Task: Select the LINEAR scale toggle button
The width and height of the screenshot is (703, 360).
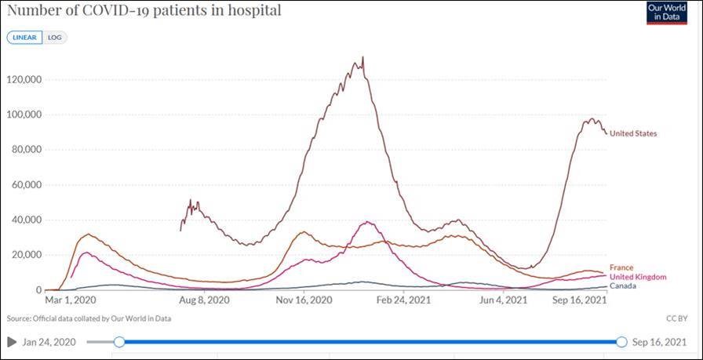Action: [x=24, y=38]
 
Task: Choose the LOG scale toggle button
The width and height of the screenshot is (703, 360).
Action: [x=53, y=38]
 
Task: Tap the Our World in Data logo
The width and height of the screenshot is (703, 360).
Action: [x=666, y=13]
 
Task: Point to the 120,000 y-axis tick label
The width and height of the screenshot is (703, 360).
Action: [x=25, y=79]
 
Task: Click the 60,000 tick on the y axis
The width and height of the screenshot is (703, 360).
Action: [x=27, y=185]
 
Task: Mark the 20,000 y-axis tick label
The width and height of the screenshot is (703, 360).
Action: [x=27, y=255]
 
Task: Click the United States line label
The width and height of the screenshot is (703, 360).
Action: [x=633, y=133]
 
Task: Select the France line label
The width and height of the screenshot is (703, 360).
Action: [x=621, y=267]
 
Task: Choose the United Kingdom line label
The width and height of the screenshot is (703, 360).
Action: [x=637, y=277]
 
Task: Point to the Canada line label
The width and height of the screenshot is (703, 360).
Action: [x=622, y=285]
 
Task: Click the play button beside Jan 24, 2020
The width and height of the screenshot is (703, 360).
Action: [x=11, y=342]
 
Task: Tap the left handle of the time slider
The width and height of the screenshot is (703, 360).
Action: [x=119, y=342]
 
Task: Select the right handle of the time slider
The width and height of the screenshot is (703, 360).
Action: [x=621, y=342]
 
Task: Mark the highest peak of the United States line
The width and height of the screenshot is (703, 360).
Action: [x=362, y=57]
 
